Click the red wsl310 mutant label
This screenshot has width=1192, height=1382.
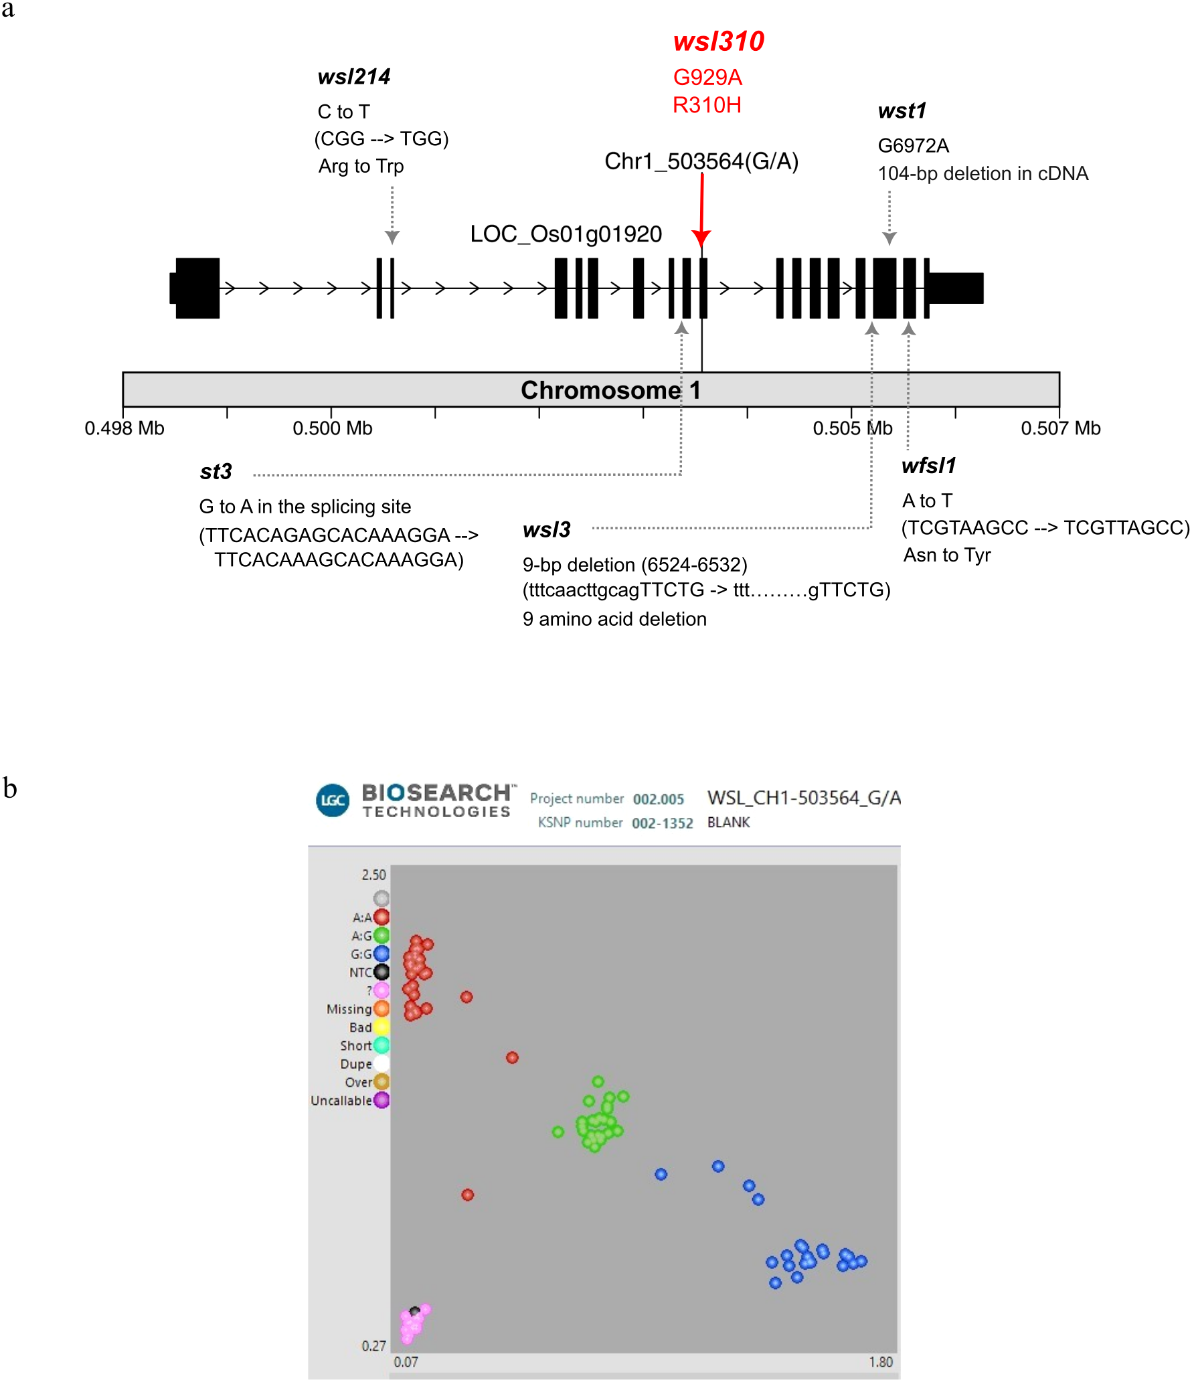tap(718, 41)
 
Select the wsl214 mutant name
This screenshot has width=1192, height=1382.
tap(353, 77)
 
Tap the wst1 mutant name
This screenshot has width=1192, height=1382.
tap(902, 111)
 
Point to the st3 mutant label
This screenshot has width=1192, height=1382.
tap(216, 472)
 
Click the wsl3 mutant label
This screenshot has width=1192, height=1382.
tap(546, 530)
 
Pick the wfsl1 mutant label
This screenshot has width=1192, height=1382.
tap(928, 466)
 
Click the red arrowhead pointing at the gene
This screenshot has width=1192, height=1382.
tap(701, 238)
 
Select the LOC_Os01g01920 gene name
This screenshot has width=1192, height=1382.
tap(566, 234)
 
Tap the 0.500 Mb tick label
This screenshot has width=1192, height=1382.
tap(332, 428)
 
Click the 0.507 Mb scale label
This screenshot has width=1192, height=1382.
tap(1060, 428)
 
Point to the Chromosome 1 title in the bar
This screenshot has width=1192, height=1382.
tap(610, 390)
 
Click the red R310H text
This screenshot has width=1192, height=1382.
tap(707, 105)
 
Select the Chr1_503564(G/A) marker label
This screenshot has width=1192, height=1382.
tap(701, 161)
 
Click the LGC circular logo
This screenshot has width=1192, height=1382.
tap(333, 800)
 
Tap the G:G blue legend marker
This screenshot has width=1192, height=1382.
tap(381, 954)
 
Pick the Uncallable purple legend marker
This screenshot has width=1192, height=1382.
tap(381, 1100)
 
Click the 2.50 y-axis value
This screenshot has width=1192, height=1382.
tap(373, 875)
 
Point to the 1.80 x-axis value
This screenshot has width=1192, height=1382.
tap(881, 1362)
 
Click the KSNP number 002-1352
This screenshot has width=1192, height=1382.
tap(662, 823)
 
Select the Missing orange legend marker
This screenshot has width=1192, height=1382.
tap(381, 1009)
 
